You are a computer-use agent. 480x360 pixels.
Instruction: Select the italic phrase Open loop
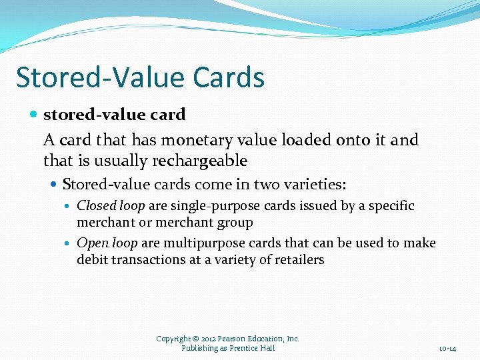point(107,243)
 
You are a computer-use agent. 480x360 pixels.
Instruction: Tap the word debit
point(93,260)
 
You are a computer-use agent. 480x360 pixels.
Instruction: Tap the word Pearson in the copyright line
point(231,339)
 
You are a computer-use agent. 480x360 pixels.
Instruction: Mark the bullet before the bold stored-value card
point(35,115)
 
